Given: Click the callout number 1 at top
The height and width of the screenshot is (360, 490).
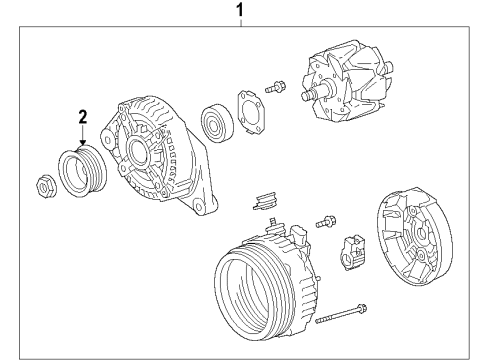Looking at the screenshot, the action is tap(240, 10).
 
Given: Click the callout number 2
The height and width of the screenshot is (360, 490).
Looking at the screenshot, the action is tap(83, 117).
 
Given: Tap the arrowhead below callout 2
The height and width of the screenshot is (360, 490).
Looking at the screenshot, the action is tap(83, 142).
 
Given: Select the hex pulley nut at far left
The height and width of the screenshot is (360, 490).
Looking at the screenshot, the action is tap(46, 187).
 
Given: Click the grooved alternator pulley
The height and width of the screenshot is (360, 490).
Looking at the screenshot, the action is tap(82, 171).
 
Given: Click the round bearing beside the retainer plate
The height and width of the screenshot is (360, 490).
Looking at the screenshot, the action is tap(217, 123).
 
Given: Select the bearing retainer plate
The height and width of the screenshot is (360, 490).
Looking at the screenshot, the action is tap(251, 112).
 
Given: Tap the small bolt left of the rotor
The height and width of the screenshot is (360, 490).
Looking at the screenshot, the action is tap(275, 87).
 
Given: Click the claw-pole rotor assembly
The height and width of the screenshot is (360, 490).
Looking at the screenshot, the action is tap(347, 83).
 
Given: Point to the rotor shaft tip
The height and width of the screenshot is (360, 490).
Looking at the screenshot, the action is tap(305, 96).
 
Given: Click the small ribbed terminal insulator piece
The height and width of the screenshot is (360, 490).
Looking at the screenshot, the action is tap(265, 201).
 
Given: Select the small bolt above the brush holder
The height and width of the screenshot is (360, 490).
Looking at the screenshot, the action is tap(326, 222).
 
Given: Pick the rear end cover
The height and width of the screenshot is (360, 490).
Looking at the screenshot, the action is tap(414, 237).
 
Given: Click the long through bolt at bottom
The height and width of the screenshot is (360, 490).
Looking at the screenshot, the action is tap(341, 313).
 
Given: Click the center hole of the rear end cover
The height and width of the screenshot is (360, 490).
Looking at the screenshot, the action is tap(420, 234).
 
